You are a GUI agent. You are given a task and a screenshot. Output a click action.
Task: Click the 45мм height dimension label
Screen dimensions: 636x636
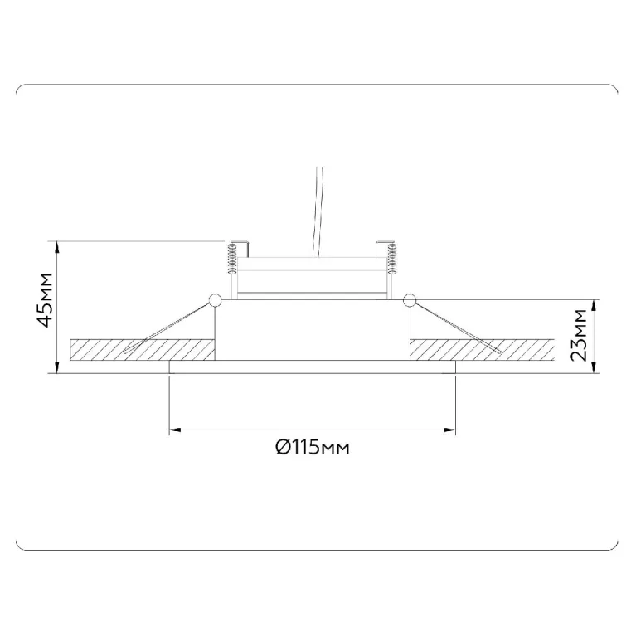45,300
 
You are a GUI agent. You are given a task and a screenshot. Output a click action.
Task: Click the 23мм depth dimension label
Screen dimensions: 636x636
579,335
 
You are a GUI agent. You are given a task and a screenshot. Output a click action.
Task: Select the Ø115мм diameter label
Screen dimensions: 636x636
313,448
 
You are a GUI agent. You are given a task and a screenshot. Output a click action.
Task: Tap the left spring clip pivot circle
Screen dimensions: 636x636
215,300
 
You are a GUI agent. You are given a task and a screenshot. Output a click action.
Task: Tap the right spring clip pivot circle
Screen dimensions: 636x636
410,300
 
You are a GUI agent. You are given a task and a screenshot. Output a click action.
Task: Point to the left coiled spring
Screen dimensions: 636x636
232,259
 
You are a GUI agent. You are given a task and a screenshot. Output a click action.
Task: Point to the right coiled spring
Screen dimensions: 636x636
392,259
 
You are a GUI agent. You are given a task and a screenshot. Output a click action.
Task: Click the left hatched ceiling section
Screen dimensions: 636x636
143,350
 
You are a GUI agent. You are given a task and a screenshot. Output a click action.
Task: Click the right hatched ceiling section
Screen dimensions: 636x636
482,350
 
